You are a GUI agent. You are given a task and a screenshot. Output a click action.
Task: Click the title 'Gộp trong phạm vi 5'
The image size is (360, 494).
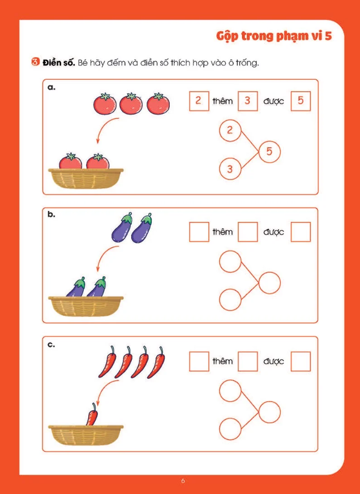pyautogui.click(x=274, y=37)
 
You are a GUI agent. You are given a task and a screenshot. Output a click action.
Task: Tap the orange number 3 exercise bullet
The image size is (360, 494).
pyautogui.click(x=35, y=62)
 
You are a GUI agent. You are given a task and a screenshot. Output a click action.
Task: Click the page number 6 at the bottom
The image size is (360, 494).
pyautogui.click(x=183, y=481)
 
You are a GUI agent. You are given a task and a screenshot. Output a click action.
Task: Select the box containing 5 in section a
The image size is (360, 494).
pyautogui.click(x=301, y=101)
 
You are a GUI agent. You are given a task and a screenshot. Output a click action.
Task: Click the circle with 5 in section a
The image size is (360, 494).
pyautogui.click(x=269, y=152)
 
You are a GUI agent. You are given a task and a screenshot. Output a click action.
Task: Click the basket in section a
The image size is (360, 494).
pyautogui.click(x=85, y=178)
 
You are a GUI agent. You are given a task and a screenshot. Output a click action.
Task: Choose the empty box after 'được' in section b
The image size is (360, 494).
pyautogui.click(x=301, y=232)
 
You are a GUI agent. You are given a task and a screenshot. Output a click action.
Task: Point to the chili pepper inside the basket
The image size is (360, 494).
pyautogui.click(x=92, y=414)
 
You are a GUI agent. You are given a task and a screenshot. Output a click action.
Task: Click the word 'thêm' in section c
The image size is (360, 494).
pyautogui.click(x=222, y=361)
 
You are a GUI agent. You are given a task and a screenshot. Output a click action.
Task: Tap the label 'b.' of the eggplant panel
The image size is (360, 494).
pyautogui.click(x=52, y=215)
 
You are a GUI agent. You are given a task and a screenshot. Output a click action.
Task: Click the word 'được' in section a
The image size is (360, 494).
pyautogui.click(x=273, y=101)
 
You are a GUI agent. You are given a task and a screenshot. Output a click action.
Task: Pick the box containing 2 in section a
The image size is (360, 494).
pyautogui.click(x=199, y=101)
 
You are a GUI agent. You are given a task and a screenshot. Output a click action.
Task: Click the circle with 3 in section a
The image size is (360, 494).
pyautogui.click(x=230, y=169)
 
